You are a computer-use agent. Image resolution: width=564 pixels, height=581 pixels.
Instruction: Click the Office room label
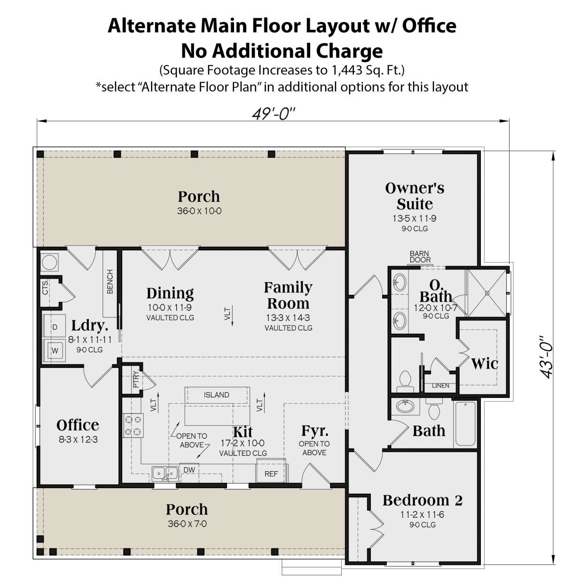(x=78, y=425)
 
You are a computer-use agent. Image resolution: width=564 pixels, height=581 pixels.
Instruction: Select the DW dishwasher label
(x=189, y=470)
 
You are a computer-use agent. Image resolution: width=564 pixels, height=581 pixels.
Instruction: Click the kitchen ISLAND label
(x=217, y=395)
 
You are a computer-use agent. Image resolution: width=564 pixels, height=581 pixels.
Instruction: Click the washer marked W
(x=54, y=351)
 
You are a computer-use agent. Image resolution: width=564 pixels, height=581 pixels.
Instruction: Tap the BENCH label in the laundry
(x=110, y=282)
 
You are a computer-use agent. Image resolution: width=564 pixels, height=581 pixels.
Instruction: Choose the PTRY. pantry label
(x=136, y=379)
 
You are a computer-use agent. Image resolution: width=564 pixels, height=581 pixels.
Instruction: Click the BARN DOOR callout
(x=420, y=257)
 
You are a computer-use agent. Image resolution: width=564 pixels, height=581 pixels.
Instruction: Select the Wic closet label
(x=485, y=364)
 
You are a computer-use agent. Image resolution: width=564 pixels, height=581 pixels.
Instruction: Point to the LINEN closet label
(x=440, y=386)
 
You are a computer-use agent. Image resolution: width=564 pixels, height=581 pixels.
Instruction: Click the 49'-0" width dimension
(x=274, y=114)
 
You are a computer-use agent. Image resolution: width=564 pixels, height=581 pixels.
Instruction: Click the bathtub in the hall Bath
(x=465, y=424)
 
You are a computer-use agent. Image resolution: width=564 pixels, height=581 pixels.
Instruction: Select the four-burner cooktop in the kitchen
(x=133, y=426)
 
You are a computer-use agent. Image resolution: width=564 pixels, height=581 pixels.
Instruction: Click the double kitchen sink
(x=165, y=474)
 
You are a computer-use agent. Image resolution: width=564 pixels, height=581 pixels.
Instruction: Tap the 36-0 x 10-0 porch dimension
(x=199, y=211)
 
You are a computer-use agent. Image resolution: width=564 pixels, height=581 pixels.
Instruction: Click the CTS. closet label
(x=45, y=287)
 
